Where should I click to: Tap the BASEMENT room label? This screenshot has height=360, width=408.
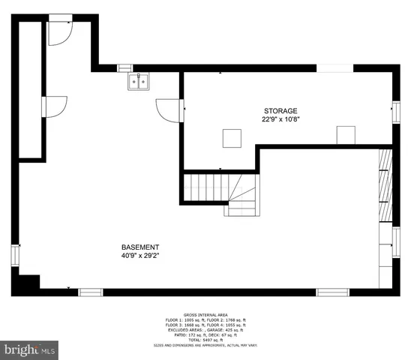tap(140, 247)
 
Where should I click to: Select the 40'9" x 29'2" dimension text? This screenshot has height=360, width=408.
tap(140, 256)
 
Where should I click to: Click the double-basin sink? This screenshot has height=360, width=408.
tap(139, 82)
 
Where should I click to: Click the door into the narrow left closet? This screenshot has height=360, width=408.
tap(55, 107)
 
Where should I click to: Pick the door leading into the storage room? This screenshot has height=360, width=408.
tap(169, 110)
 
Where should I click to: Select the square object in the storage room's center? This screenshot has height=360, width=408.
tap(232, 138)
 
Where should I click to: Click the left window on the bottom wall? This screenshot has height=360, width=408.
tap(90, 292)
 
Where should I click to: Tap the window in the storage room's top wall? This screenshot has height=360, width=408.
tap(334, 67)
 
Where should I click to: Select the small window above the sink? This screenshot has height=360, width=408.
tap(125, 67)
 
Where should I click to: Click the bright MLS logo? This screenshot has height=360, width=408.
tap(29, 349)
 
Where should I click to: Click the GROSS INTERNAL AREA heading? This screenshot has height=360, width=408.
tap(205, 315)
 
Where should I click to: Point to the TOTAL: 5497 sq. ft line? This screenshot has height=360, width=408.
tap(205, 340)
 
